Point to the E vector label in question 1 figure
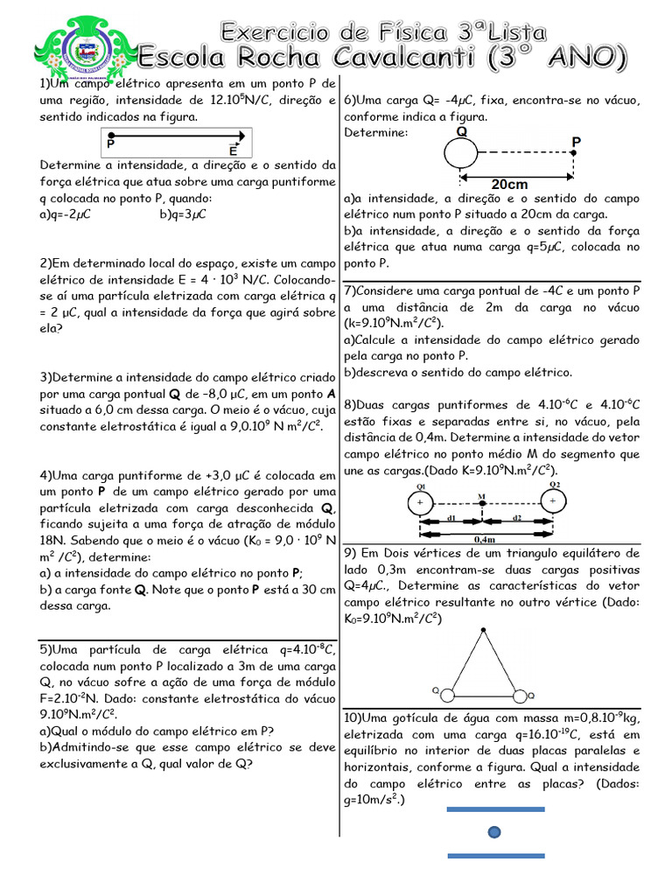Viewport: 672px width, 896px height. tap(234, 150)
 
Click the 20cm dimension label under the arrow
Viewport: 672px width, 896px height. tap(509, 185)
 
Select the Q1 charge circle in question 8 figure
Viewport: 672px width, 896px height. tap(420, 503)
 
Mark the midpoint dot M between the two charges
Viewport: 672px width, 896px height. tap(482, 503)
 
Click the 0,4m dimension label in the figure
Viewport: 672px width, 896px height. tap(484, 540)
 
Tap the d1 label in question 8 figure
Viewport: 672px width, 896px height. tap(451, 518)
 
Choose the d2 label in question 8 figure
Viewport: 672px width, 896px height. tap(516, 518)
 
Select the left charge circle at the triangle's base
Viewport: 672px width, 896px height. tap(446, 696)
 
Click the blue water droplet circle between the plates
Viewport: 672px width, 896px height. tap(494, 831)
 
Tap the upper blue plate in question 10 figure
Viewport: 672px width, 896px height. tap(495, 809)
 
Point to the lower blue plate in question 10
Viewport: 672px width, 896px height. tap(495, 855)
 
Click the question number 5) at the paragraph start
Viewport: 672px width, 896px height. tap(46, 649)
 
